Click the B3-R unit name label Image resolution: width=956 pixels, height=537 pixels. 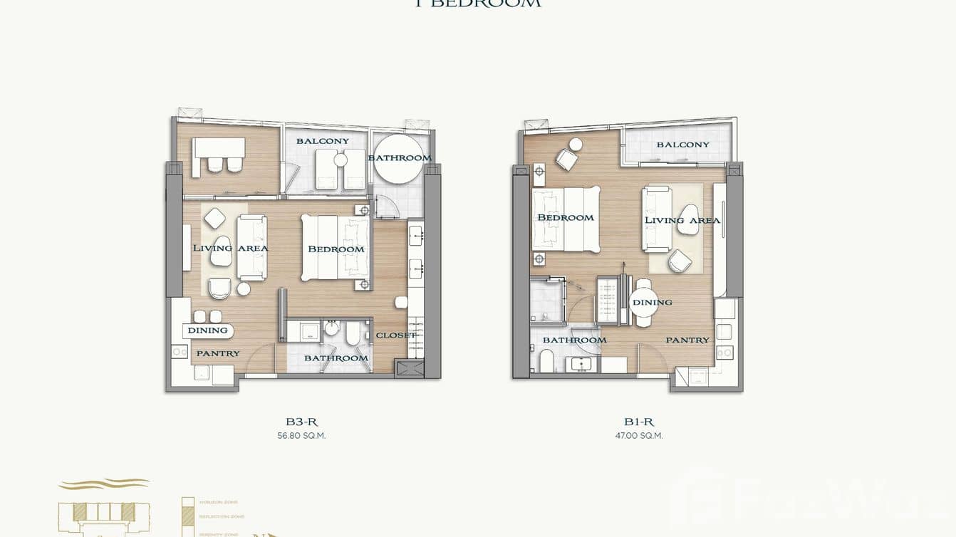[x=301, y=422]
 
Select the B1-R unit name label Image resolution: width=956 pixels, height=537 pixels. [x=639, y=422]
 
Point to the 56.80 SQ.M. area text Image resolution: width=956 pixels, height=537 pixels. [x=301, y=436]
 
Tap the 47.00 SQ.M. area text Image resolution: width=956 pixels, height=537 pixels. [x=639, y=436]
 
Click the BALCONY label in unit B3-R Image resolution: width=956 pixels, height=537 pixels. [x=323, y=141]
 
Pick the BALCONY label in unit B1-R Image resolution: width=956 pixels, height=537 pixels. [x=682, y=145]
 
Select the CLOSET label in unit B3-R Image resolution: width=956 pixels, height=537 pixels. [x=395, y=335]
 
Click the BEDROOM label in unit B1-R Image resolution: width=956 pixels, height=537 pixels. [x=566, y=217]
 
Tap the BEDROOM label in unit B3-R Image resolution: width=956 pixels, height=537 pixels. [x=336, y=249]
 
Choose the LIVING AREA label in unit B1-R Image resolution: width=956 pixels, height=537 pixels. [x=682, y=220]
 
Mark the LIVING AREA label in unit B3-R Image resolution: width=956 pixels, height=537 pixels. [x=230, y=248]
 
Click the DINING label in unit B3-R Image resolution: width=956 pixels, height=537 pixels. [x=208, y=330]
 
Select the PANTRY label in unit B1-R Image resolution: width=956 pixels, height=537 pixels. [x=687, y=340]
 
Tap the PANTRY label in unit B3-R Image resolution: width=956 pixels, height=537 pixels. [x=218, y=353]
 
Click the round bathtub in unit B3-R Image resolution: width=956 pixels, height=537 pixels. [x=399, y=159]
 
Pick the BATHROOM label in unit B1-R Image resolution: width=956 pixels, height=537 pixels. [x=574, y=340]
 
